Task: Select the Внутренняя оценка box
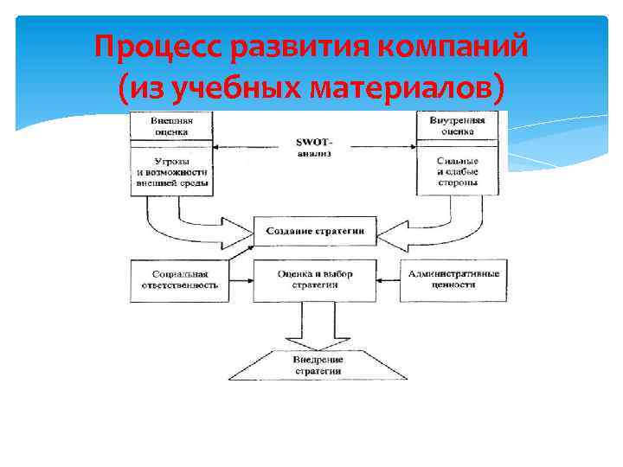tap(457, 126)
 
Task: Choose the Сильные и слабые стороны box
tap(457, 172)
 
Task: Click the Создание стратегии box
tap(314, 232)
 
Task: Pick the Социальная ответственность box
tap(179, 279)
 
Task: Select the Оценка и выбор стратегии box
tap(314, 279)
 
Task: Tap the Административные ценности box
tap(453, 279)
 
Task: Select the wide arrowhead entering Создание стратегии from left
tap(238, 232)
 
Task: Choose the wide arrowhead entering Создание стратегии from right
tap(391, 232)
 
